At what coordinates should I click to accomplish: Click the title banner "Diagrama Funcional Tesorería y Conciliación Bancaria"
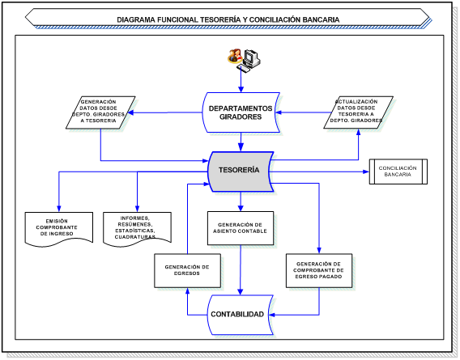[228, 19]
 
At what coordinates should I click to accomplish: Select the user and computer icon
[241, 57]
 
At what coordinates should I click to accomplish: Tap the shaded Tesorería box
[241, 171]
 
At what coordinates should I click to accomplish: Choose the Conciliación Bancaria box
[398, 171]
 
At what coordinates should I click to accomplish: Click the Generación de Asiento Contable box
[241, 229]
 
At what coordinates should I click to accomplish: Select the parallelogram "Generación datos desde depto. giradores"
[101, 112]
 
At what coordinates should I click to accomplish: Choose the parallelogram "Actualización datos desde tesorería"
[357, 112]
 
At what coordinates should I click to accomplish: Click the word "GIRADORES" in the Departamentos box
[241, 117]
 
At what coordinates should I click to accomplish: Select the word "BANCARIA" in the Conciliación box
[398, 175]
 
